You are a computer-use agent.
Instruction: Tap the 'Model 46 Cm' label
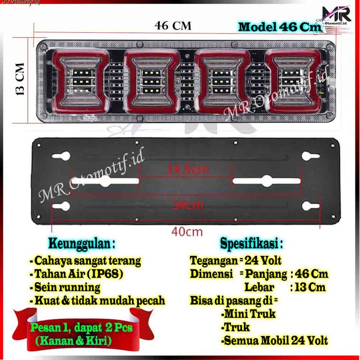[280, 27]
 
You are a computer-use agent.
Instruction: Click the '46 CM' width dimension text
[173, 25]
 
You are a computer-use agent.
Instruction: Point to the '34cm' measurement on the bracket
[184, 203]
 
